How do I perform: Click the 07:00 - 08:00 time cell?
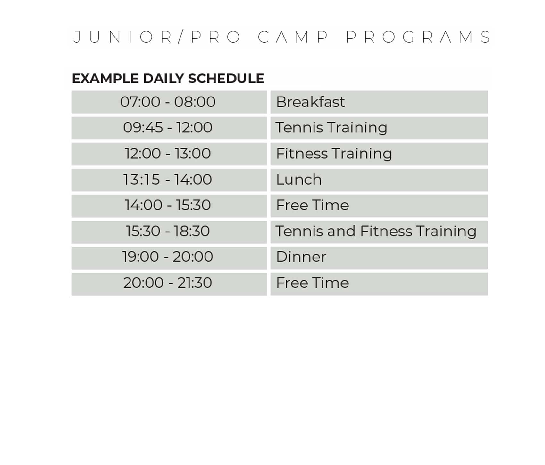[x=169, y=102]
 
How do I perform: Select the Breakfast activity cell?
[x=379, y=102]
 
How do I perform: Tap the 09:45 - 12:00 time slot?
[x=169, y=128]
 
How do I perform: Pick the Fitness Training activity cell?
[x=379, y=154]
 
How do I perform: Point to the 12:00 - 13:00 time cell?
[x=169, y=154]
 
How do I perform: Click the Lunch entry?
[x=379, y=180]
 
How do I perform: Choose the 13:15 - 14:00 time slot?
[x=169, y=180]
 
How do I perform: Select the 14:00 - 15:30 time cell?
[x=169, y=206]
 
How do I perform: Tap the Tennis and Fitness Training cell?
[x=379, y=232]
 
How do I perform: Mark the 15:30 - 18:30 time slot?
[x=169, y=232]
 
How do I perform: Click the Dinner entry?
[x=379, y=258]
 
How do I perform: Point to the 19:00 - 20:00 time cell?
[x=169, y=258]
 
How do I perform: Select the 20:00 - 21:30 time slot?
[x=169, y=284]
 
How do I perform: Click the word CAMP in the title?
[x=293, y=37]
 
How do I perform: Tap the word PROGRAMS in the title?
[x=418, y=37]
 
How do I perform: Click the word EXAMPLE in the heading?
[x=105, y=79]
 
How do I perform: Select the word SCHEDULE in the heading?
[x=226, y=79]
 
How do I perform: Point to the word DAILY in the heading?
[x=163, y=79]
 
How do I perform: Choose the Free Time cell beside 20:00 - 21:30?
[x=379, y=284]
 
